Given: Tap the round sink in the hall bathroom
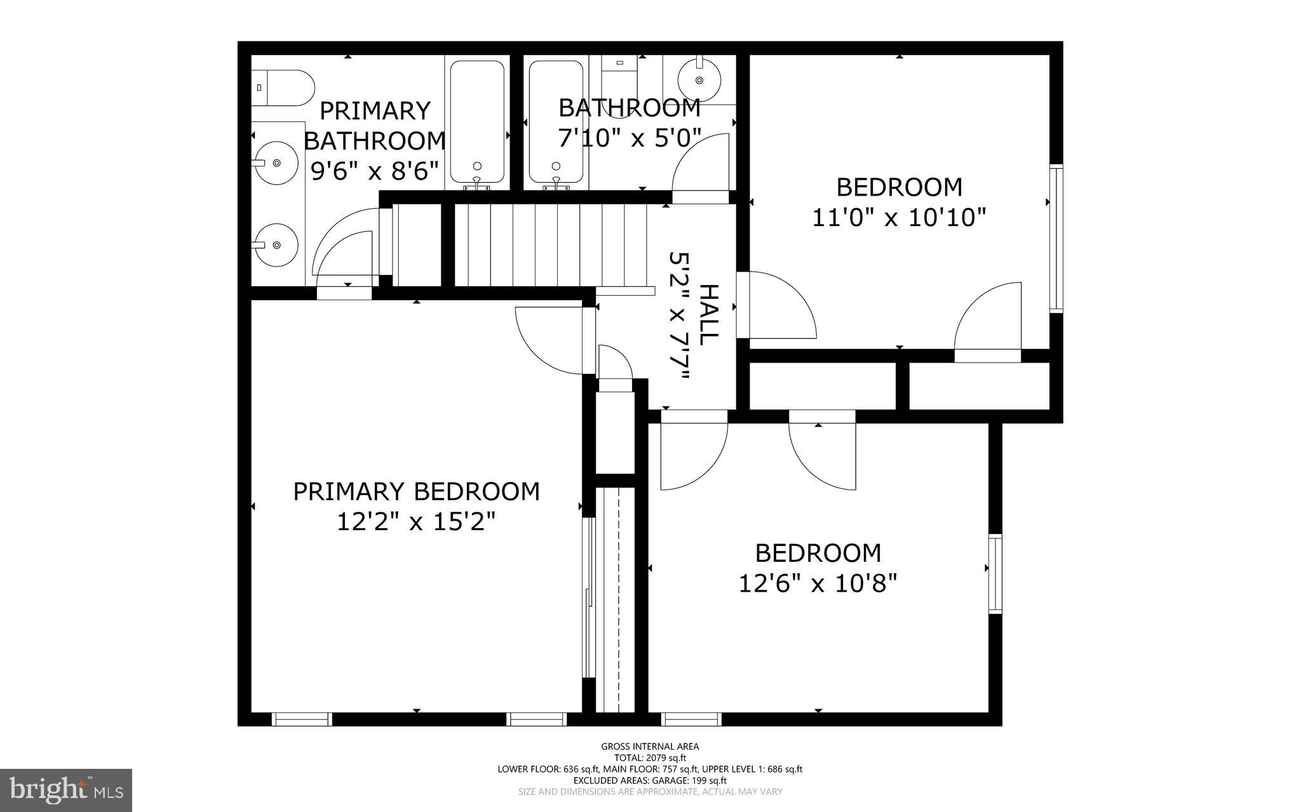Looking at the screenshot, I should (x=699, y=80).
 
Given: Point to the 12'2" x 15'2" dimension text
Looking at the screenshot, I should (x=415, y=522).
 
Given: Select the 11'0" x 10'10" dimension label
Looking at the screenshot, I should (x=899, y=218).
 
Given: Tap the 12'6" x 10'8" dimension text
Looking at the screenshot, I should (x=818, y=583).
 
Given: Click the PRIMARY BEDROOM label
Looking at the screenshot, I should (x=416, y=491).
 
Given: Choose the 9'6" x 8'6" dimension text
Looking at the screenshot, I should (x=375, y=170).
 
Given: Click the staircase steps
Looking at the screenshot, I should (x=549, y=244).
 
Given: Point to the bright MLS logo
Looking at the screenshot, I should (x=66, y=790).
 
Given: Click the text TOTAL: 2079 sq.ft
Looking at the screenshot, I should (x=650, y=758).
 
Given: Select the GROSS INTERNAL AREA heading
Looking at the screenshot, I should (x=650, y=747).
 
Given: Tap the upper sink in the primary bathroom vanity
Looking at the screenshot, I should (x=276, y=163).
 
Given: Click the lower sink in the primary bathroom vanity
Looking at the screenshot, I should (x=276, y=245).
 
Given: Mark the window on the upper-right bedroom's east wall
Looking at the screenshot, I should (x=1056, y=238).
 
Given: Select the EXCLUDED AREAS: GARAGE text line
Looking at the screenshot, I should (x=650, y=780).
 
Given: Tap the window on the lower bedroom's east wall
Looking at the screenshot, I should (x=995, y=574).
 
